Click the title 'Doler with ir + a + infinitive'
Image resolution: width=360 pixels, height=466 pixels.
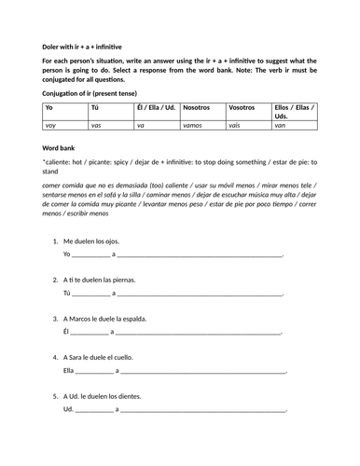[82, 47]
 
